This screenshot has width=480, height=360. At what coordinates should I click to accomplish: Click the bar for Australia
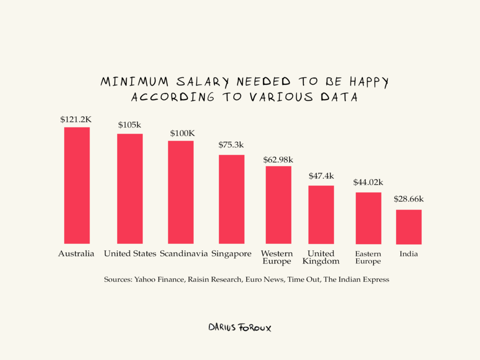[77, 185]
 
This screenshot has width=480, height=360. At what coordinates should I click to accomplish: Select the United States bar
[130, 188]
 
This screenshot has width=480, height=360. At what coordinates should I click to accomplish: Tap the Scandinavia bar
[181, 192]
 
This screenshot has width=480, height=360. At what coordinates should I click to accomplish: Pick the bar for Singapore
[232, 199]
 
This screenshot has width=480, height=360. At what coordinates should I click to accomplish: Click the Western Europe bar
[278, 204]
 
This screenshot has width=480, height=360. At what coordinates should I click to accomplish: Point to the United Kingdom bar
[321, 214]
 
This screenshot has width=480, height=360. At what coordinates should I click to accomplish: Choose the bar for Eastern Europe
[368, 218]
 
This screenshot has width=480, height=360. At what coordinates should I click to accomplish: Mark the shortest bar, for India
[409, 227]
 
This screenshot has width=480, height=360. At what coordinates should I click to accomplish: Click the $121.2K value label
[76, 120]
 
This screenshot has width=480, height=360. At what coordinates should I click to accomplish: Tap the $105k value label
[130, 125]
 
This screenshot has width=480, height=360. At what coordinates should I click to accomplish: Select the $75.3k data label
[232, 145]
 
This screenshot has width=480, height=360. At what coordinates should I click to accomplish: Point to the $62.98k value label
[278, 157]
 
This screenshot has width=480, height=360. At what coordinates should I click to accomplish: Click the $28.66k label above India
[409, 199]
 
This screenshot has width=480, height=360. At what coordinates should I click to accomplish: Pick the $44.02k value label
[368, 182]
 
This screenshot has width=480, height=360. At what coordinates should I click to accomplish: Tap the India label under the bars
[409, 254]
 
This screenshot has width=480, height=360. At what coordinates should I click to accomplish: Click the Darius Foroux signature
[240, 327]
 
